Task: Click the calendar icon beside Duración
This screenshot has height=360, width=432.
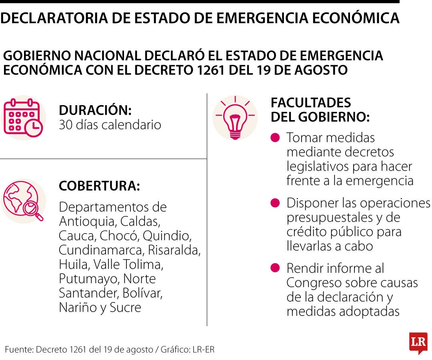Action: pos(23,118)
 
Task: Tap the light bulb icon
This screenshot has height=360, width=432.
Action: pos(235,118)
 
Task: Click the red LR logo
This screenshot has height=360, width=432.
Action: pos(418,343)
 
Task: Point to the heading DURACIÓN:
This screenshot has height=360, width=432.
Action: pos(95,110)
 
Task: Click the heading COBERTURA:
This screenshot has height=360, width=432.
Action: pos(99,186)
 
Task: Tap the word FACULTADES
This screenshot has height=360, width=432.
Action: pos(311,103)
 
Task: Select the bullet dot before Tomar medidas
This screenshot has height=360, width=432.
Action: pos(275,138)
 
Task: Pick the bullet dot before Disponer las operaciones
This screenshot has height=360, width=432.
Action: pos(275,203)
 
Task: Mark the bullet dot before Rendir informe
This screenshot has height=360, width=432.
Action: pos(275,268)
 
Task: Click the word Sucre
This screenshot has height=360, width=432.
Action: pos(125,307)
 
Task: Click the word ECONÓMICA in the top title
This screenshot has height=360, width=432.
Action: pos(356,18)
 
